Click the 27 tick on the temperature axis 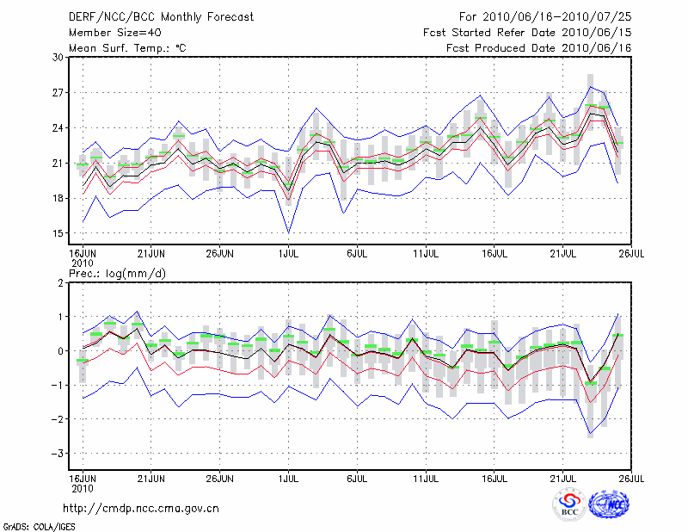pos(58,92)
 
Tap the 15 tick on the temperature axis pos(58,233)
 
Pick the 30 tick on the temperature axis pos(58,57)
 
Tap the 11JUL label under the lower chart pos(427,477)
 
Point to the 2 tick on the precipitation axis pos(60,282)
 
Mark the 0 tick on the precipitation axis pos(60,350)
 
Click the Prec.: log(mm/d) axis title pos(117,274)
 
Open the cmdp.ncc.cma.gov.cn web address pos(142,509)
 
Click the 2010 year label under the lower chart pos(82,486)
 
